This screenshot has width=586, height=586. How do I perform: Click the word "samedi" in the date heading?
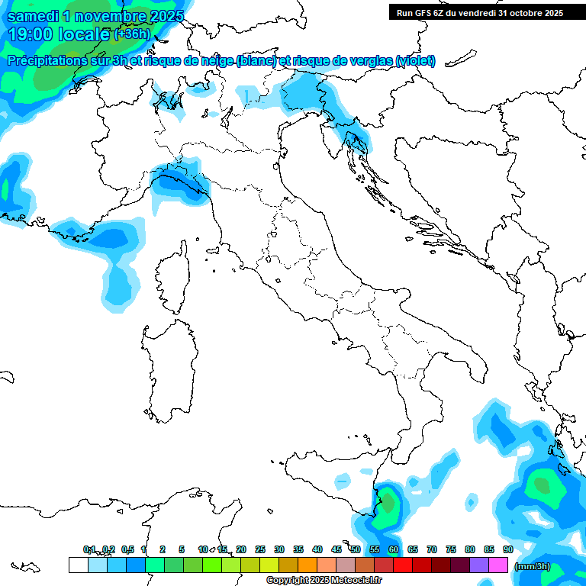click(x=33, y=14)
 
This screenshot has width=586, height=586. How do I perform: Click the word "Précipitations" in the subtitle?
click(x=49, y=60)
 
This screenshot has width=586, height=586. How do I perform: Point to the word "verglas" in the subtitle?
click(x=369, y=60)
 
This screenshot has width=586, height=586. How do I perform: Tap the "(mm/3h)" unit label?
click(x=532, y=566)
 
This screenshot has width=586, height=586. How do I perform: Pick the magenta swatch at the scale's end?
click(x=498, y=565)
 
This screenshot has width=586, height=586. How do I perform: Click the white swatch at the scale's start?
click(x=78, y=565)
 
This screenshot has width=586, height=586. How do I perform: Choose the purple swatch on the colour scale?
click(x=479, y=565)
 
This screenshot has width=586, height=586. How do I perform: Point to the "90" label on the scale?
click(x=507, y=549)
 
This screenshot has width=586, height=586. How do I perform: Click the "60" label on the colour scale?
click(x=393, y=549)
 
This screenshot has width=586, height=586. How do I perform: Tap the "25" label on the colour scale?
click(x=259, y=549)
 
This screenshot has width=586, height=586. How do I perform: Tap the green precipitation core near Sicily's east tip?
click(x=389, y=503)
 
